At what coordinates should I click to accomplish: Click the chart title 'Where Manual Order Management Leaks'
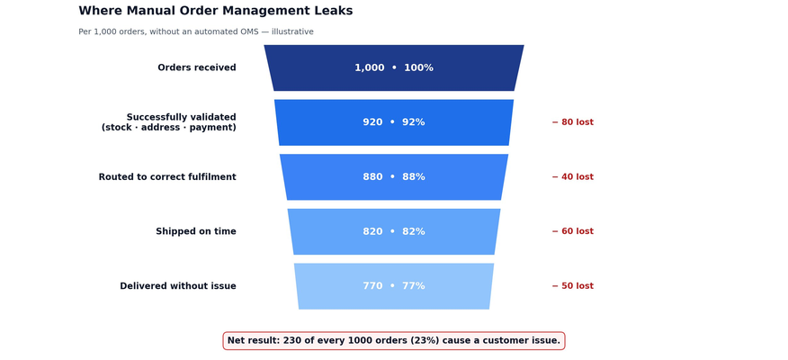[216, 11]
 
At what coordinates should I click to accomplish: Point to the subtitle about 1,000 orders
[196, 31]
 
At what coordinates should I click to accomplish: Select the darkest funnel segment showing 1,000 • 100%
[394, 67]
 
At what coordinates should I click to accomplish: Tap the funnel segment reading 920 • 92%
[394, 122]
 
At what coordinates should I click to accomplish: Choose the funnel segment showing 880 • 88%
[394, 177]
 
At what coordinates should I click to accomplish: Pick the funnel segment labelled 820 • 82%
[394, 231]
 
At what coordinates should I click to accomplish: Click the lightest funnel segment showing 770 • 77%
[394, 286]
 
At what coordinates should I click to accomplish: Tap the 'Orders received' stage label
[197, 67]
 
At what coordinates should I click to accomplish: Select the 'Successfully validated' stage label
[169, 122]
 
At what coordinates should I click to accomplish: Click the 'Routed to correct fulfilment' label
[167, 177]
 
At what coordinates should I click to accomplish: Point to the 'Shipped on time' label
[196, 231]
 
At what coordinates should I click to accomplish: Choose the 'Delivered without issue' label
[178, 286]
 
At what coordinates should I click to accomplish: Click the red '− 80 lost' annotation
[573, 122]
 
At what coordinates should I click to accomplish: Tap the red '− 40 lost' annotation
[573, 177]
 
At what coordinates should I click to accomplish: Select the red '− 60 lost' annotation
[573, 231]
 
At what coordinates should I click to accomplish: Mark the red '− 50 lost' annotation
[573, 286]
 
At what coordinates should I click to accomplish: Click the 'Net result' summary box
[394, 341]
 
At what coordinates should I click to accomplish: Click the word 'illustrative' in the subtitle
[292, 31]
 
